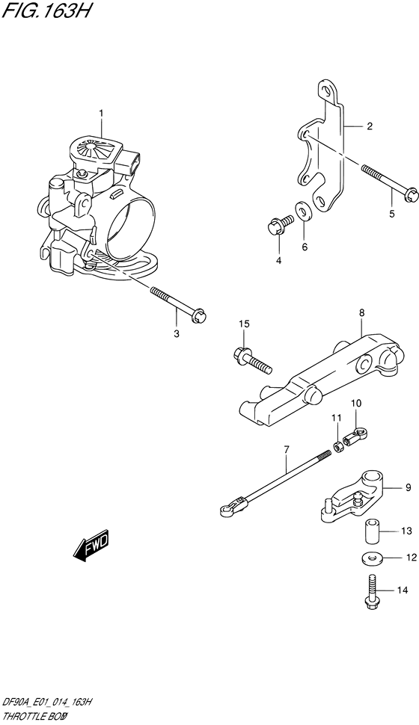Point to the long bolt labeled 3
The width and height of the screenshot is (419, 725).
point(178,303)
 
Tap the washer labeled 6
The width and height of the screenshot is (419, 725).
point(304,211)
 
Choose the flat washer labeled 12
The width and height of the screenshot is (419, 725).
point(372,558)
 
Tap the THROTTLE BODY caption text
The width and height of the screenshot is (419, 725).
point(40,715)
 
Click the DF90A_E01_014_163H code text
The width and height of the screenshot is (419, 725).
point(48,700)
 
